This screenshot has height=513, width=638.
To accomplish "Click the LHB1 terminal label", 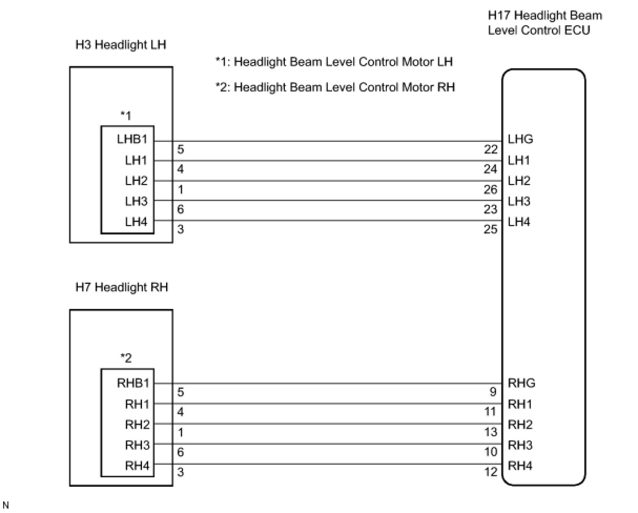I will [132, 140].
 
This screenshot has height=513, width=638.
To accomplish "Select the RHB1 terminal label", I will [132, 383].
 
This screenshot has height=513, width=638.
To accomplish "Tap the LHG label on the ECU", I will [520, 139].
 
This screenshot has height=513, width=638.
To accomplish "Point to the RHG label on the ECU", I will [521, 383].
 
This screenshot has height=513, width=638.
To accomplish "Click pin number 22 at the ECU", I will [490, 150].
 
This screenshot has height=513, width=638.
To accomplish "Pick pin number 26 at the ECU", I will [490, 190].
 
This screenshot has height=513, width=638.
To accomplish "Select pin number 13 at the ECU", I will [490, 432].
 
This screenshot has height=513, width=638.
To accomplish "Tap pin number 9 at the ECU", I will [493, 392].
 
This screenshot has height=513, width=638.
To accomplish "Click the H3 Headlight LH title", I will [121, 45].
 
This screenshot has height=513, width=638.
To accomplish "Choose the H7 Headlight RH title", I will [122, 287].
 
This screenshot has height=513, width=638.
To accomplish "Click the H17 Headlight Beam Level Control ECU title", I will [544, 23].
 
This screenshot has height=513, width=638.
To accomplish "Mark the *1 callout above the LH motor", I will [126, 116].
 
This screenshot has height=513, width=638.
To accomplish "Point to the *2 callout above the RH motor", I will [126, 358].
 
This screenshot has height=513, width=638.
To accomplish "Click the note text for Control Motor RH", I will [335, 87].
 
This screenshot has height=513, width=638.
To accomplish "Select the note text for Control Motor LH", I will [334, 62].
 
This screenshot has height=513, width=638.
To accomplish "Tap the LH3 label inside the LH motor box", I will [136, 201].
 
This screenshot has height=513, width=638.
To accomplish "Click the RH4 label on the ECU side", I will [520, 465].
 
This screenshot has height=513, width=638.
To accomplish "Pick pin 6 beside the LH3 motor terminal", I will [181, 209].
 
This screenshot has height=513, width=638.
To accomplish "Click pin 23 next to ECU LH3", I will [490, 209].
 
